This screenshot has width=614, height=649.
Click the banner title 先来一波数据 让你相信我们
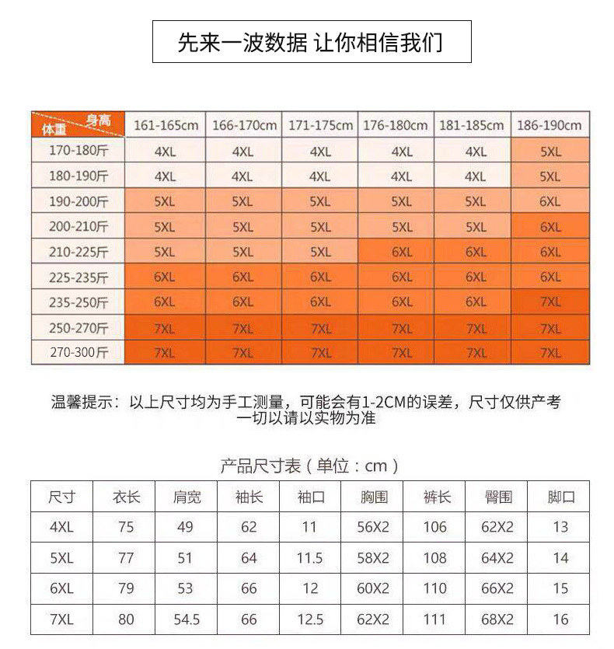pos(311,41)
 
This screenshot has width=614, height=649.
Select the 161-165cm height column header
pos(166,125)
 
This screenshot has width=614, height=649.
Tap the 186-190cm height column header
pos(549,125)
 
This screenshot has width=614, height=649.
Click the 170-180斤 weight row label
pos(78,152)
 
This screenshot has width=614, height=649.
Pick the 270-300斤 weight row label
pos(78,352)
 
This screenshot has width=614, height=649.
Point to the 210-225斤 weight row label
pos(78,252)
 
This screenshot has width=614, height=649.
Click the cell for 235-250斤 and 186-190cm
pos(549,302)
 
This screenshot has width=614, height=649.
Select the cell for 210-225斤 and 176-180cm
pos(401,252)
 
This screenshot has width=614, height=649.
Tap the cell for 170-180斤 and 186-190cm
pos(549,152)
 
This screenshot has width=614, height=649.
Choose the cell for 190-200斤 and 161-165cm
pos(166,201)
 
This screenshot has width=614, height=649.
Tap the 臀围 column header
pos(497,497)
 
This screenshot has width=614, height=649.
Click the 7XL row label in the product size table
pos(61,619)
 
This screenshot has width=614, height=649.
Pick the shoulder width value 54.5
pos(185,619)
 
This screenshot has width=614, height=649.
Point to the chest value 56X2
pos(373,527)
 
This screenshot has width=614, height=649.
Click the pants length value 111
pos(435,619)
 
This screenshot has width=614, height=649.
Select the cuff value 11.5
pos(310,558)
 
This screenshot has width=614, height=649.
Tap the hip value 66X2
pos(497,588)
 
